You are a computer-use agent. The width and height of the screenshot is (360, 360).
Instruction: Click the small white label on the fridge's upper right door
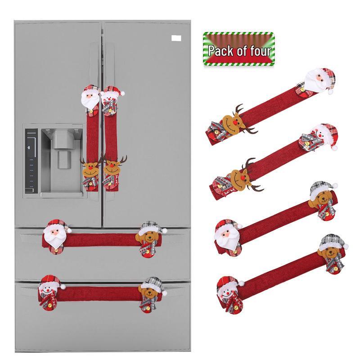[x=176, y=38]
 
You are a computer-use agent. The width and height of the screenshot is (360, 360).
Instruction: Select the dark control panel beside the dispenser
[x=31, y=161]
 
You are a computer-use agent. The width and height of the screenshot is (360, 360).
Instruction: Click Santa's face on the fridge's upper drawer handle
[x=56, y=235]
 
